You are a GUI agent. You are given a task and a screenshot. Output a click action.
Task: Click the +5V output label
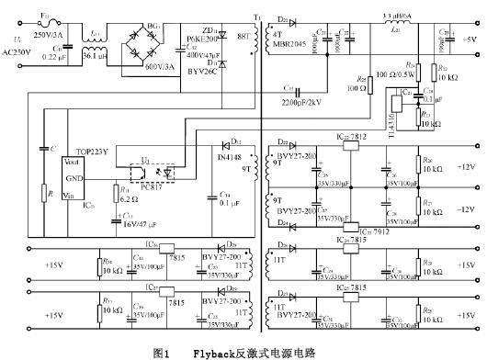(x=468, y=39)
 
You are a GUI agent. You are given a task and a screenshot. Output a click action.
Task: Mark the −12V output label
(x=467, y=209)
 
